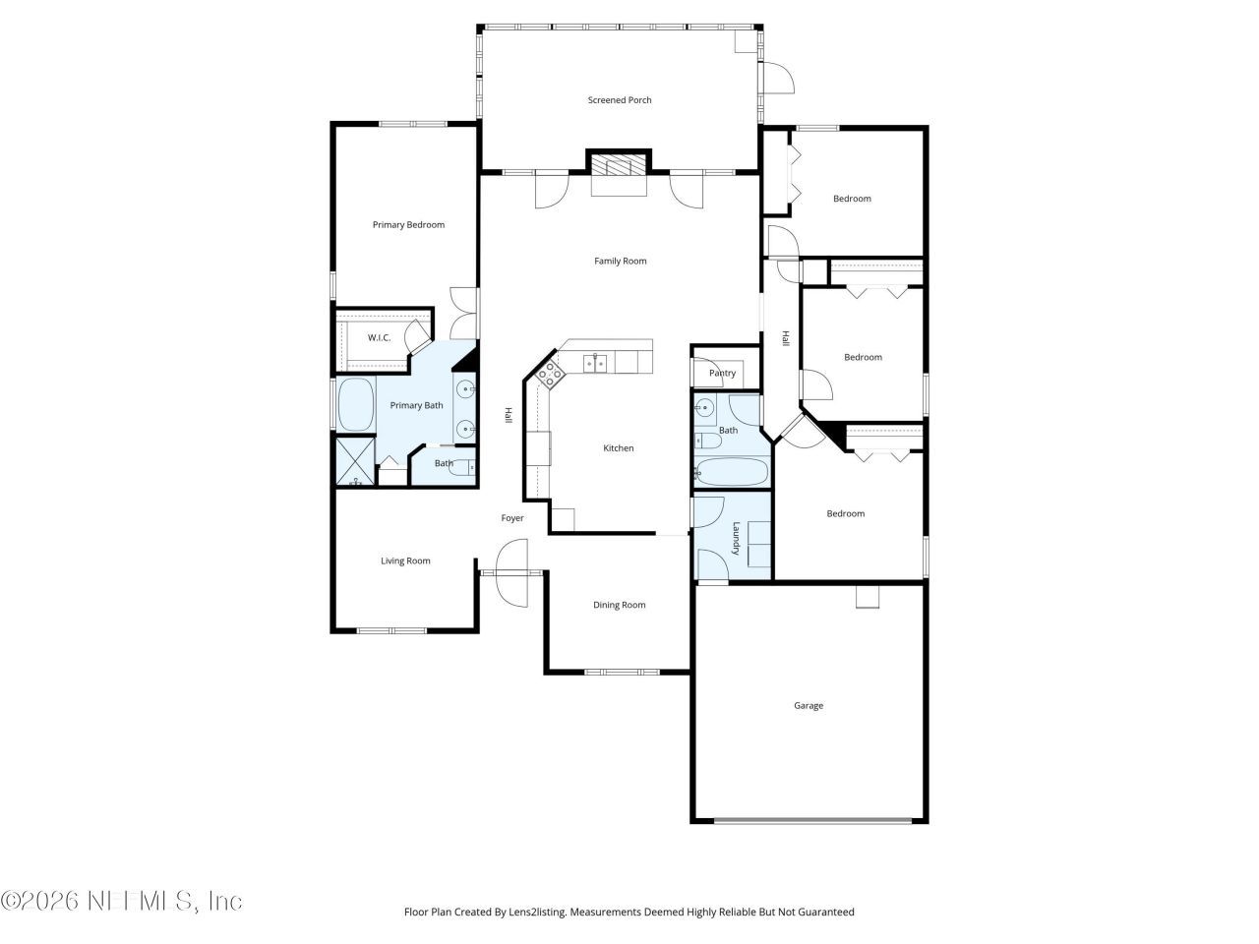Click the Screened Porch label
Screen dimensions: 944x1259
coord(620,100)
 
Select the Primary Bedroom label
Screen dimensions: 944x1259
coord(408,225)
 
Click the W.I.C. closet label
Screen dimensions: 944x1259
coord(379,338)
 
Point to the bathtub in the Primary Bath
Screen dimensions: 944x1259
coord(355,405)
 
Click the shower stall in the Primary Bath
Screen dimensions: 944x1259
coord(355,462)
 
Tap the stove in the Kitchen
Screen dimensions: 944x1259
coord(550,372)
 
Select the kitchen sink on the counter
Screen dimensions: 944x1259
coord(595,364)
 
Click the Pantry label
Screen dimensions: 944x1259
coord(722,374)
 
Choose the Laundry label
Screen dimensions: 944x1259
coord(735,538)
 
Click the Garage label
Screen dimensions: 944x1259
coord(809,706)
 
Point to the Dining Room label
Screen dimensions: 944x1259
coord(620,606)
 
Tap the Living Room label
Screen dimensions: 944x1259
coord(405,561)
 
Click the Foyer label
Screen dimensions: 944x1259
coord(512,518)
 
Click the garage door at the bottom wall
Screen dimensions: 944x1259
coord(810,821)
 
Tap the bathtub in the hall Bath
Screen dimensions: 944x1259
coord(732,473)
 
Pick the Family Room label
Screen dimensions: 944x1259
coord(620,262)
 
